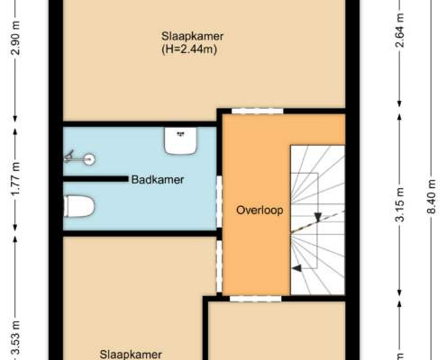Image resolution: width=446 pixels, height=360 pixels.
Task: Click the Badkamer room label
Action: coord(158,180)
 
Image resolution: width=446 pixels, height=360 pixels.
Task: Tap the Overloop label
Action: coord(259,210)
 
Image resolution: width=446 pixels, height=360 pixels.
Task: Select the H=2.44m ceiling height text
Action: coord(189,49)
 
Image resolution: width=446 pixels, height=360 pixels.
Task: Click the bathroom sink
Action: coord(180,140)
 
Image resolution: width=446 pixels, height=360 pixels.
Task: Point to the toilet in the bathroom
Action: coord(79,206)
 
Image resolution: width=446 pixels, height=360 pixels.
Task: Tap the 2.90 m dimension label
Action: coord(15,38)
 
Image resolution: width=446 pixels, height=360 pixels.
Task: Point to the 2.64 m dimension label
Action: coord(400,31)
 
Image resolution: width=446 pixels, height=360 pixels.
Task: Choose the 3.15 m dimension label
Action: coord(400,204)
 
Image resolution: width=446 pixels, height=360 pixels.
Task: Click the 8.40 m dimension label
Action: coord(432,196)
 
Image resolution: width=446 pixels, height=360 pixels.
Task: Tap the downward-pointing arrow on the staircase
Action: coord(318,217)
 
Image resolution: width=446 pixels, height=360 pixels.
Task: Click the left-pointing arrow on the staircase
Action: coord(296,268)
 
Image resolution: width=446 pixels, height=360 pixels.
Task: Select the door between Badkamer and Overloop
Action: coord(219,202)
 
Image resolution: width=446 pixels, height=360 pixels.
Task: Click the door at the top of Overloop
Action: coord(258,111)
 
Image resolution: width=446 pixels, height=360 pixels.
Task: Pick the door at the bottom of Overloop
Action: coord(256,299)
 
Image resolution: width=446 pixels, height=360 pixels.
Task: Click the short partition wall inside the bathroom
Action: coord(96,179)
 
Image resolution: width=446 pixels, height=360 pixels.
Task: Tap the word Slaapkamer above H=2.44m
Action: coord(193,36)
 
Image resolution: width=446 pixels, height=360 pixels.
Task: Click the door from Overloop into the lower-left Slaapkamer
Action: coord(219,266)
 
